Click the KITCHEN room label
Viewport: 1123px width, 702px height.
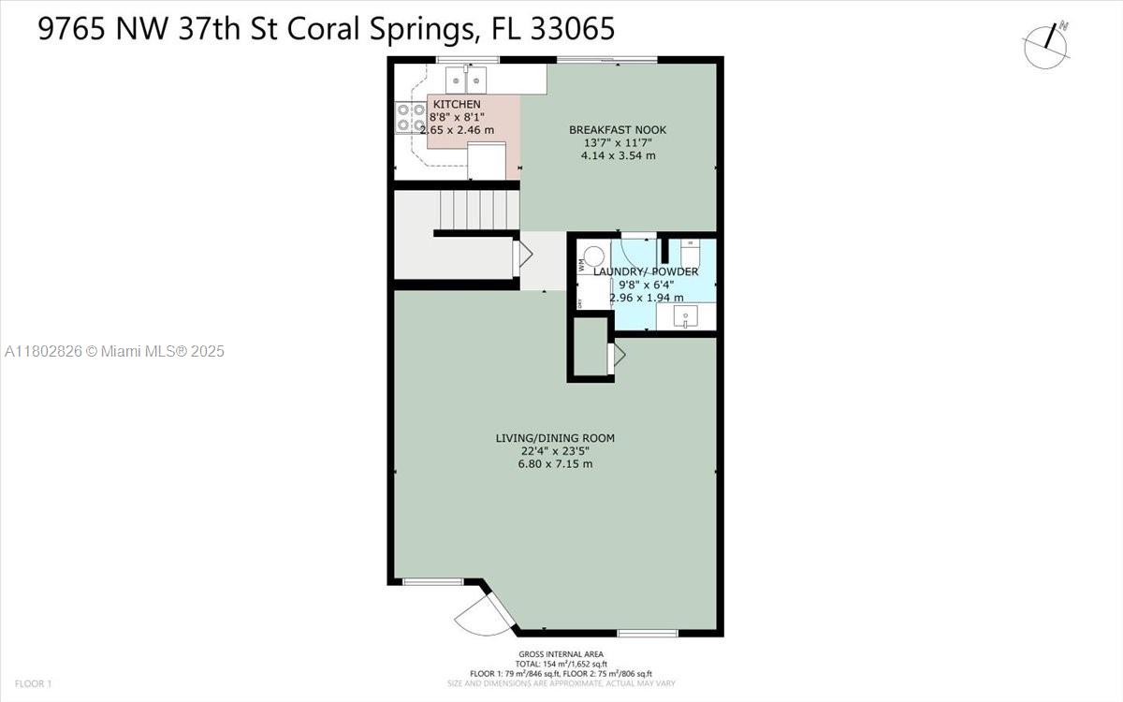click(457, 104)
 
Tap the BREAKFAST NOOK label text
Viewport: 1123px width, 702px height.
click(618, 129)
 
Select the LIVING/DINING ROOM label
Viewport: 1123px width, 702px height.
click(555, 437)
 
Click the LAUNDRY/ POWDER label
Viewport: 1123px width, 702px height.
click(646, 271)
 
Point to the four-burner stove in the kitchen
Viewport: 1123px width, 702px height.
click(411, 117)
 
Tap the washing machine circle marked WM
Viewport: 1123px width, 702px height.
click(594, 256)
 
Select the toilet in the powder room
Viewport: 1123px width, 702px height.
click(690, 253)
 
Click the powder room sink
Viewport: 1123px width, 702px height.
click(686, 318)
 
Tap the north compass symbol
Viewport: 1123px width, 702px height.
click(1046, 44)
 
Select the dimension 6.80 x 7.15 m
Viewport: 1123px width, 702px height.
click(555, 463)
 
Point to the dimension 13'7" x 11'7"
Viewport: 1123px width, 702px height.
click(618, 142)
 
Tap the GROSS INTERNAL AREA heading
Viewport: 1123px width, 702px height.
click(561, 654)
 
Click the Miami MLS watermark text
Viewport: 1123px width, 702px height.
click(114, 352)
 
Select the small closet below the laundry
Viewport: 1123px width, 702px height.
click(591, 349)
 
